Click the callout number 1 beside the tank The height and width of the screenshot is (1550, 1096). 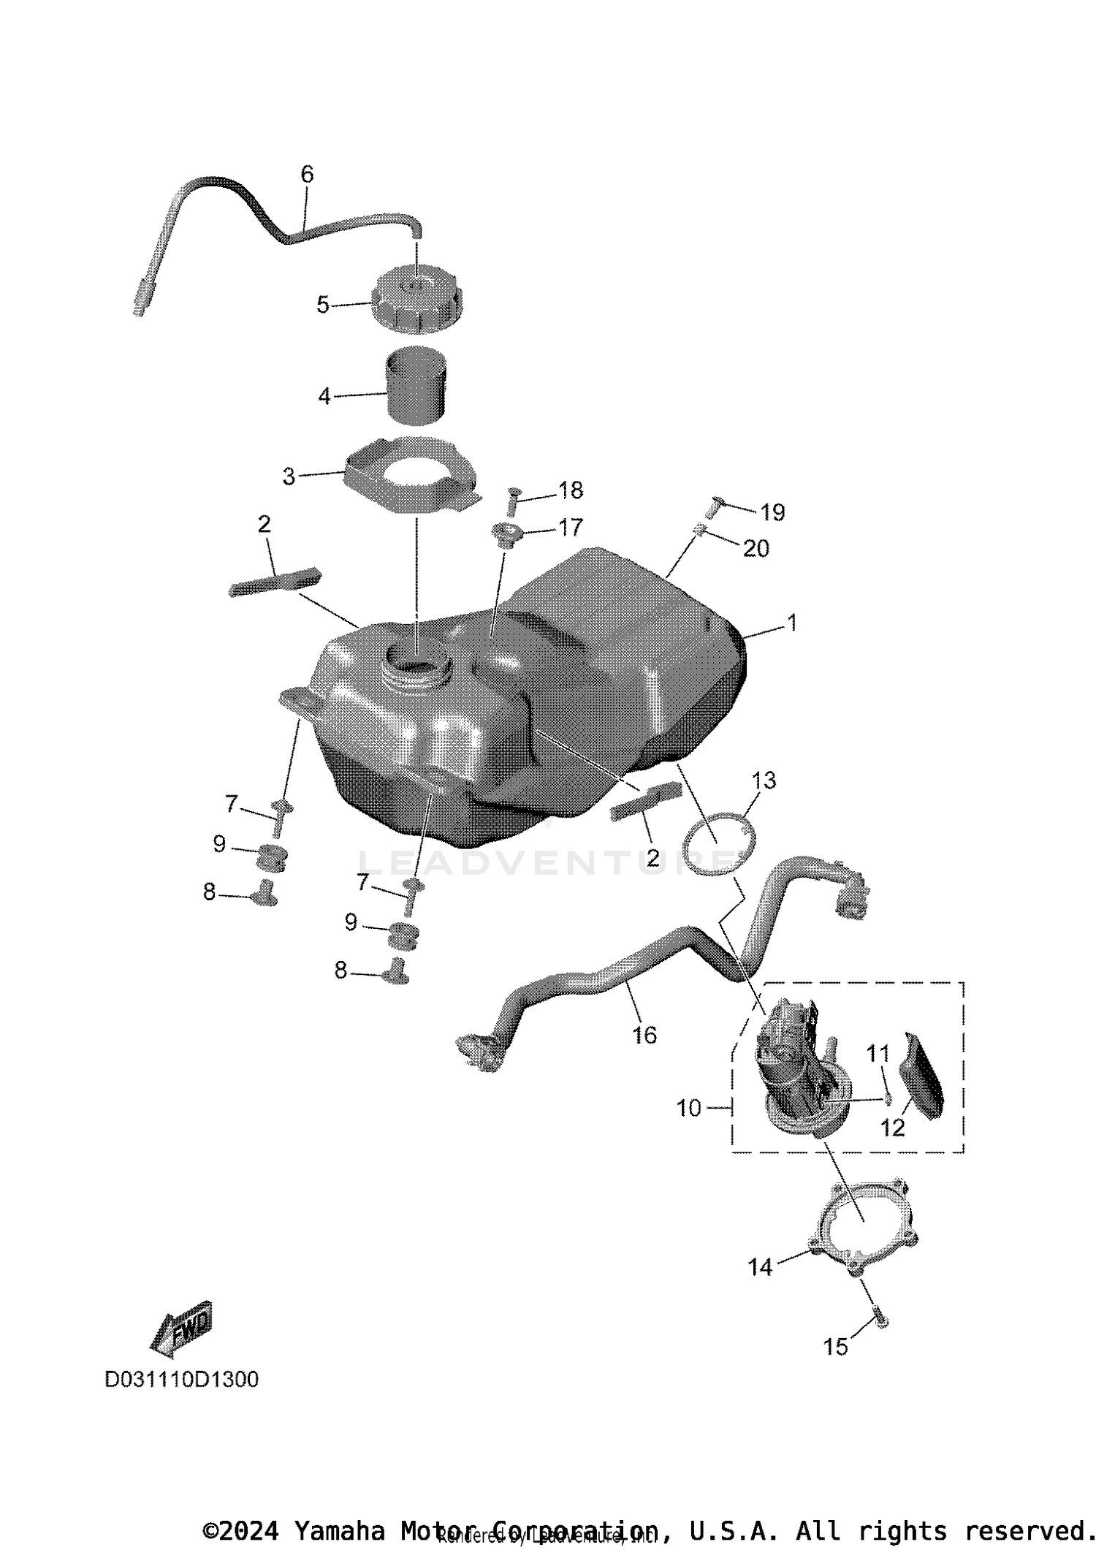point(791,623)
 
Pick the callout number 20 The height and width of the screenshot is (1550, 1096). point(756,548)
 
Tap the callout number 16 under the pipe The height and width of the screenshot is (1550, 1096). point(644,1034)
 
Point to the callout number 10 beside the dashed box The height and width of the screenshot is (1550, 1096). point(689,1108)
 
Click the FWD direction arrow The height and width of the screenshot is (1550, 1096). point(183,1323)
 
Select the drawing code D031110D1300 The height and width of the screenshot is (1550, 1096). point(182,1379)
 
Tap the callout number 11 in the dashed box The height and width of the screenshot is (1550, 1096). point(878,1053)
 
